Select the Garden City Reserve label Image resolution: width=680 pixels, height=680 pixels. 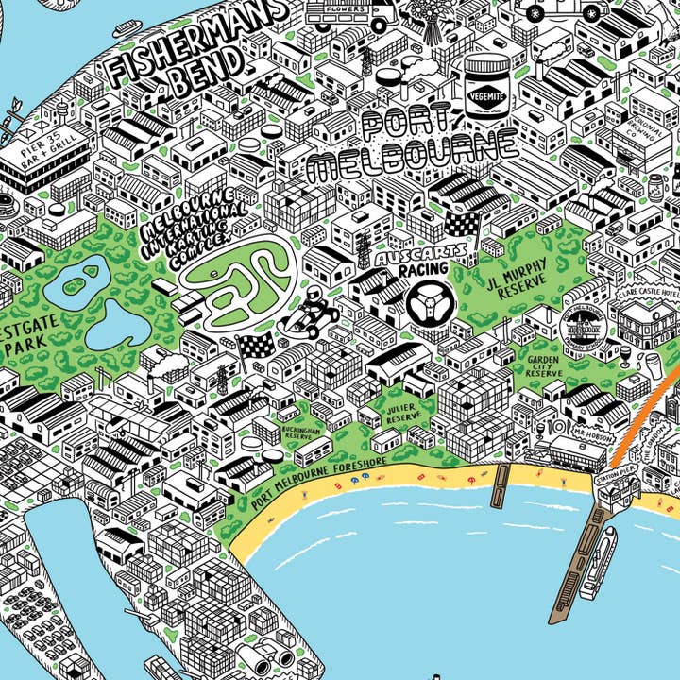tap(545, 365)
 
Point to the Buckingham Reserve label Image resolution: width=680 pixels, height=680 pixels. tap(300, 432)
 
